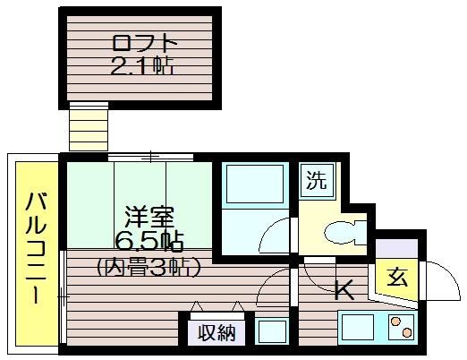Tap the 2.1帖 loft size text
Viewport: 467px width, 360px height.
click(x=142, y=66)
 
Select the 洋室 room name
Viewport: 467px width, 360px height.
click(x=149, y=217)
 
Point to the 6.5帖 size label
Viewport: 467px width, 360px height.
click(x=149, y=241)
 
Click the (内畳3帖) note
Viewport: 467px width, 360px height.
click(x=148, y=267)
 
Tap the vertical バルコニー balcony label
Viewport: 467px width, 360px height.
click(x=37, y=248)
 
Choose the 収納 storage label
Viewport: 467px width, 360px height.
click(x=217, y=332)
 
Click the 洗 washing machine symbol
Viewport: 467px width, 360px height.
click(x=317, y=181)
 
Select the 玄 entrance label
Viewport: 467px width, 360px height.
click(x=397, y=278)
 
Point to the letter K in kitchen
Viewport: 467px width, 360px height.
click(x=344, y=290)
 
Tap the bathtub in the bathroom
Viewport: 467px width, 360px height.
click(x=255, y=184)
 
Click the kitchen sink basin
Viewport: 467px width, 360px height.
click(x=358, y=327)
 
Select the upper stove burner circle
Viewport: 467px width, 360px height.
click(x=395, y=321)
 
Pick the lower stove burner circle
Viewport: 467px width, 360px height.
click(x=406, y=332)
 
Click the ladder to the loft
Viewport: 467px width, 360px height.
click(x=89, y=126)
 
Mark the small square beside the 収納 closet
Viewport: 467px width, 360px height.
click(x=272, y=331)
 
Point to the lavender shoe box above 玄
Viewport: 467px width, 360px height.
click(x=396, y=248)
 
